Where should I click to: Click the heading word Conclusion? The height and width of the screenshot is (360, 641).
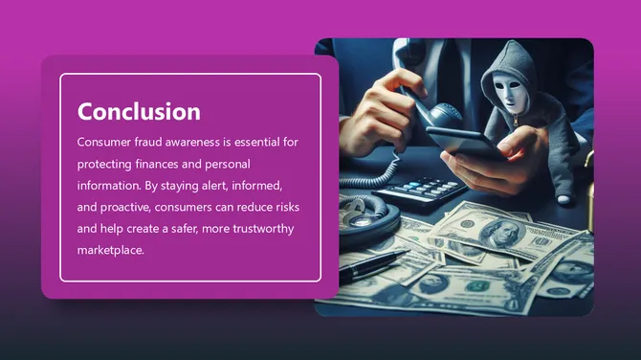(139, 111)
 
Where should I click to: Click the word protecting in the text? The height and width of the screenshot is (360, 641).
(108, 163)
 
